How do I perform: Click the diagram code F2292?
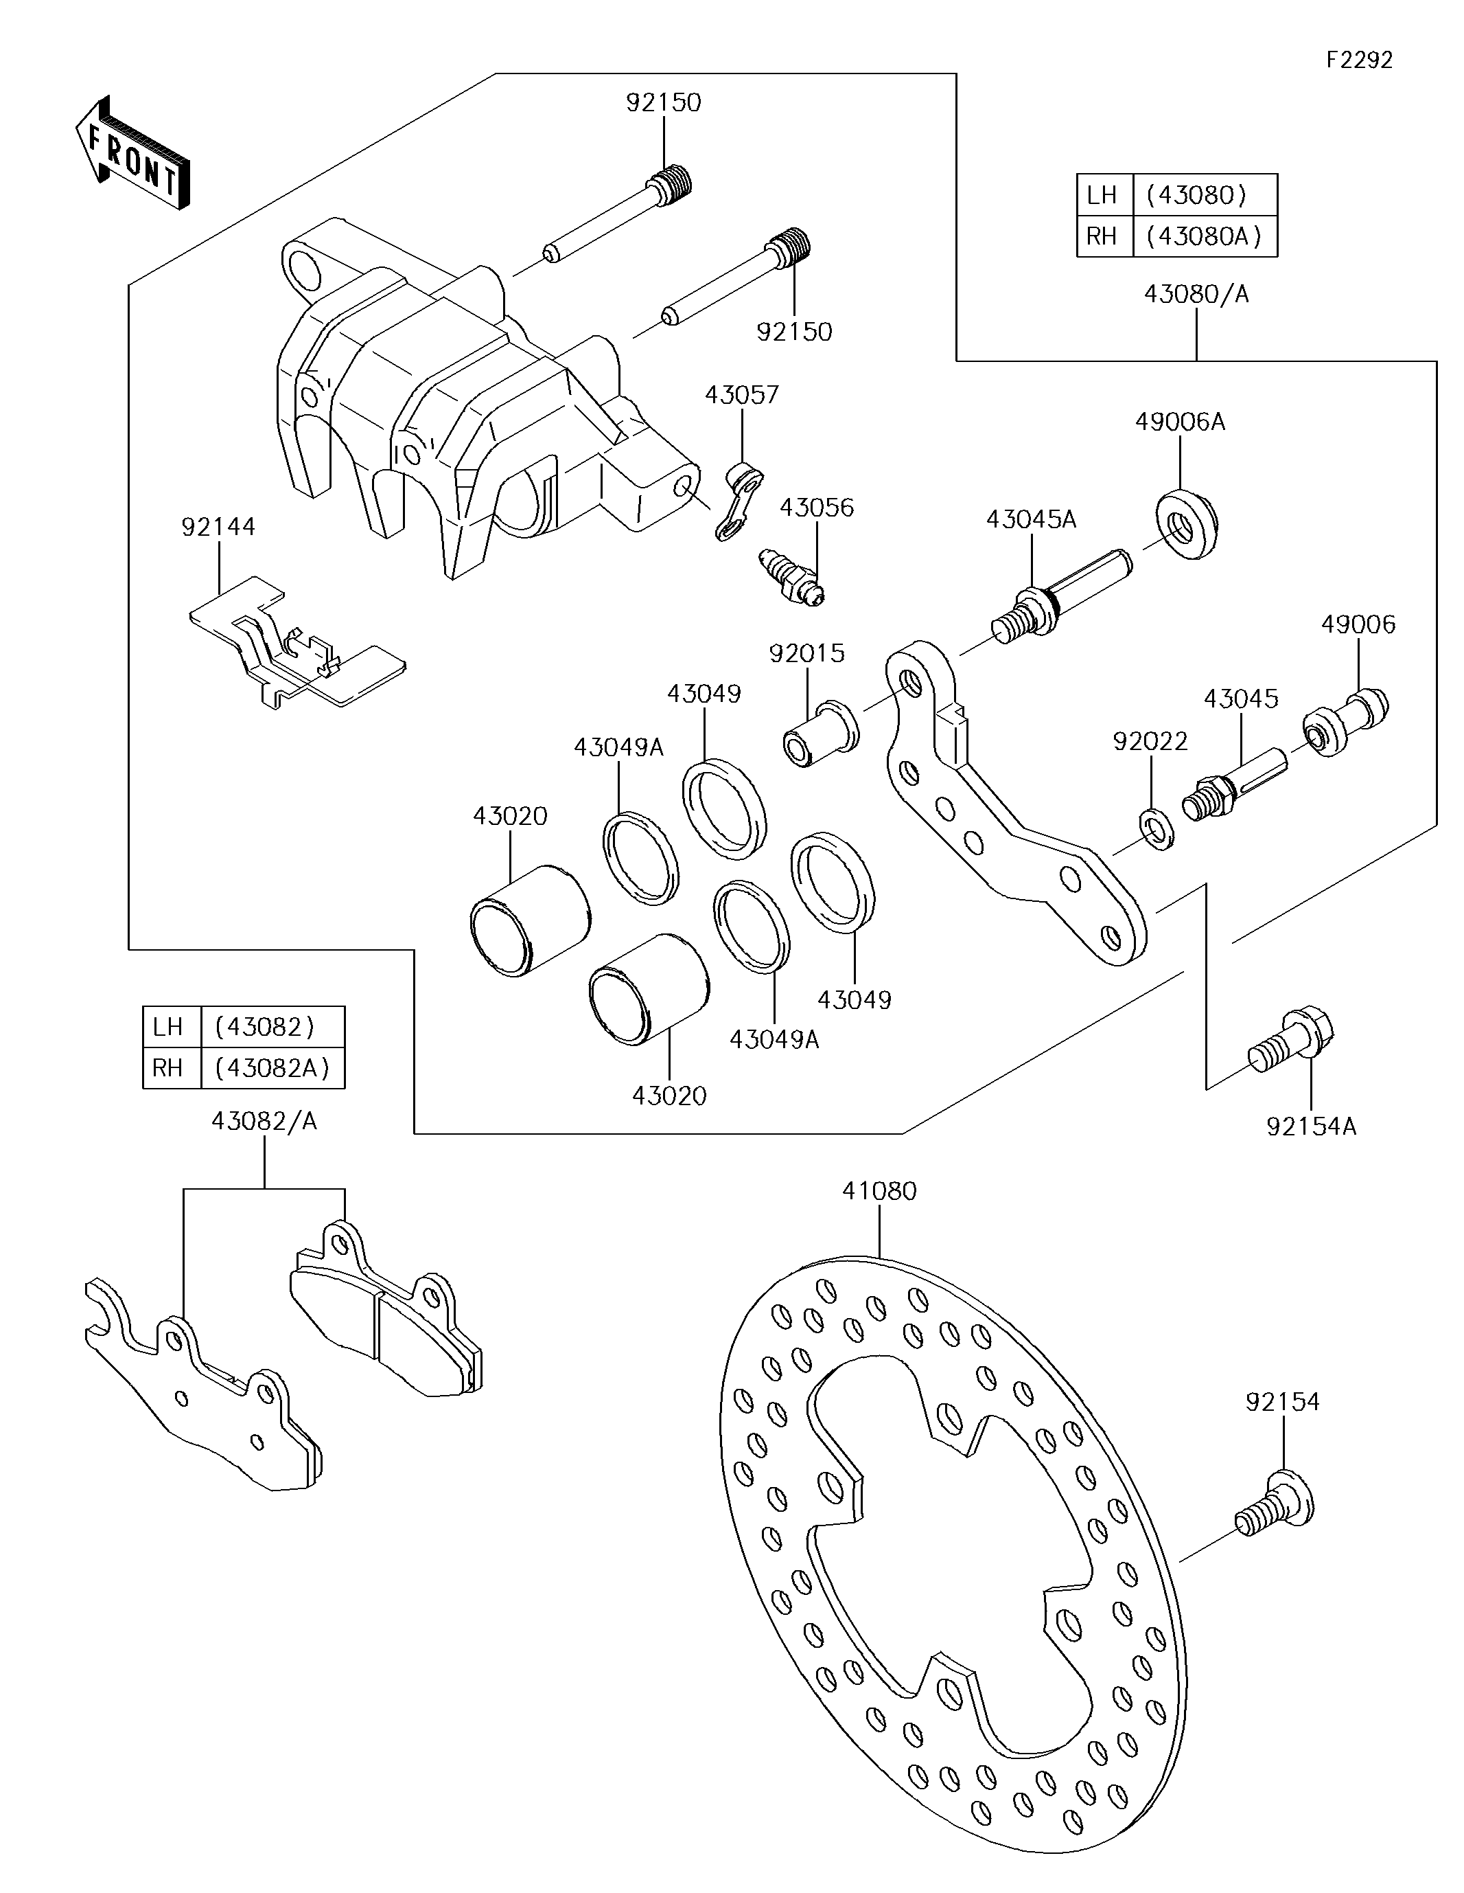click(1358, 60)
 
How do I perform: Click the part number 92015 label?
click(806, 653)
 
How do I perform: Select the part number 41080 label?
click(879, 1191)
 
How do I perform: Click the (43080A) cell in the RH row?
click(1204, 236)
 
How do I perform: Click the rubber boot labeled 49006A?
click(1187, 523)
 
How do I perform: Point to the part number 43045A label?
click(1031, 519)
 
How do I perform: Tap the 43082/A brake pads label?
click(264, 1122)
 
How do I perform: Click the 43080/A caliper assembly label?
click(1196, 295)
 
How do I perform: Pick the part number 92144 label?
click(218, 527)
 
